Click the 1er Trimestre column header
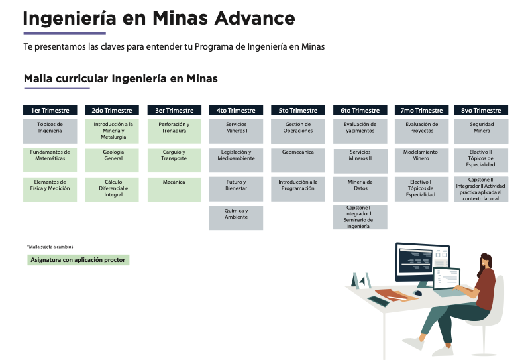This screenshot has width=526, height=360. (50, 110)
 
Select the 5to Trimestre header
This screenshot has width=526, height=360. (298, 110)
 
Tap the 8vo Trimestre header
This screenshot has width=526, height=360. (481, 110)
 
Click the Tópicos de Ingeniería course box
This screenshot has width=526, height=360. (50, 131)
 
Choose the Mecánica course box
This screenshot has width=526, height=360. (174, 190)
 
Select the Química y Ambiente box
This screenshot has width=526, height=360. (236, 217)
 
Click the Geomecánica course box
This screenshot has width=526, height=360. (298, 160)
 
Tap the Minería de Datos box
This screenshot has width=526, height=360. (360, 190)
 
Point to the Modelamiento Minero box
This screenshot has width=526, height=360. (422, 160)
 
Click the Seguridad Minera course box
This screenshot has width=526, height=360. (481, 131)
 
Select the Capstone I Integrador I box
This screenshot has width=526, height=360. (360, 217)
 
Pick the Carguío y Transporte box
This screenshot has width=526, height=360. (174, 160)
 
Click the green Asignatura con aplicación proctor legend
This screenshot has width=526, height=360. (78, 260)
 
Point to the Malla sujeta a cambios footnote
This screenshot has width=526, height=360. (50, 247)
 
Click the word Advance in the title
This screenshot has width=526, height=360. (254, 18)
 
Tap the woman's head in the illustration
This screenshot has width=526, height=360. (486, 261)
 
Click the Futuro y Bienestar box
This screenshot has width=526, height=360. (236, 190)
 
